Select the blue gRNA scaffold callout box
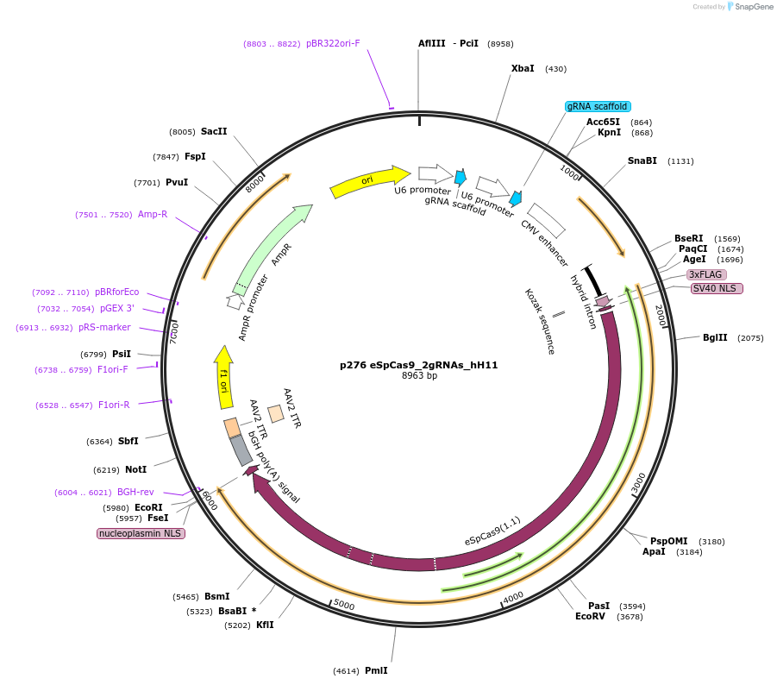click(598, 106)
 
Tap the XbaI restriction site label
click(523, 68)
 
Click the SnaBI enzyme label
click(642, 160)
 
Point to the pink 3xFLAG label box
click(705, 274)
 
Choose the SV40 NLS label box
click(716, 288)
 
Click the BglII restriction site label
click(715, 337)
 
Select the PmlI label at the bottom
click(376, 670)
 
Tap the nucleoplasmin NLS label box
click(141, 533)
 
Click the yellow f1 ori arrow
click(224, 378)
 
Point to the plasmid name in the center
click(418, 365)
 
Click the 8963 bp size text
click(419, 376)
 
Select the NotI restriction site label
click(135, 469)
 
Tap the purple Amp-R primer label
click(153, 214)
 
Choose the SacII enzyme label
click(214, 131)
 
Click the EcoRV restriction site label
click(591, 616)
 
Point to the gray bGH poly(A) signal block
click(241, 450)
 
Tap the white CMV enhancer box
click(546, 220)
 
